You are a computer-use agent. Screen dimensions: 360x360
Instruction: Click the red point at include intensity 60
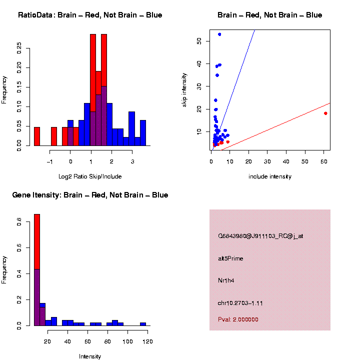325,113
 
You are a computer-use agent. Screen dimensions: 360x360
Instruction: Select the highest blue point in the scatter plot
219,34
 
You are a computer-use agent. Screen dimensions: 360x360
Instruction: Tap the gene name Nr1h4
226,280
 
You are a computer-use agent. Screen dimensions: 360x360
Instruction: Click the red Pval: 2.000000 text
238,319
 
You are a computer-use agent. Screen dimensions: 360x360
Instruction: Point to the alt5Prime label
230,258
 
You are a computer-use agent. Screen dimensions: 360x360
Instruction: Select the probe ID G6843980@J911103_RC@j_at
260,236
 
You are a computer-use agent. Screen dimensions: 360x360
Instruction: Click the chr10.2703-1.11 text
240,303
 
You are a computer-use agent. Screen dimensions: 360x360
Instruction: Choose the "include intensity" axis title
270,176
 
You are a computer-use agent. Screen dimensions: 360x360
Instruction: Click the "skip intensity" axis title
184,90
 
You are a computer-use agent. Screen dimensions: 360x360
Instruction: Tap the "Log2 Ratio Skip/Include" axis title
90,176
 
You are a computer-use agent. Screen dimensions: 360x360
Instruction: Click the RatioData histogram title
90,15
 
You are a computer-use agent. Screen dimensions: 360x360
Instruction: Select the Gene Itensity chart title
90,195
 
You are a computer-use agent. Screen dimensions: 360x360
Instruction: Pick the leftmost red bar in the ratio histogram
37,136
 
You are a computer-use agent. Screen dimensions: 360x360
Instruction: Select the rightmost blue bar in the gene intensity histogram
143,324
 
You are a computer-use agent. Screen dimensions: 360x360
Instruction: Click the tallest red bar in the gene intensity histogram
37,241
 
